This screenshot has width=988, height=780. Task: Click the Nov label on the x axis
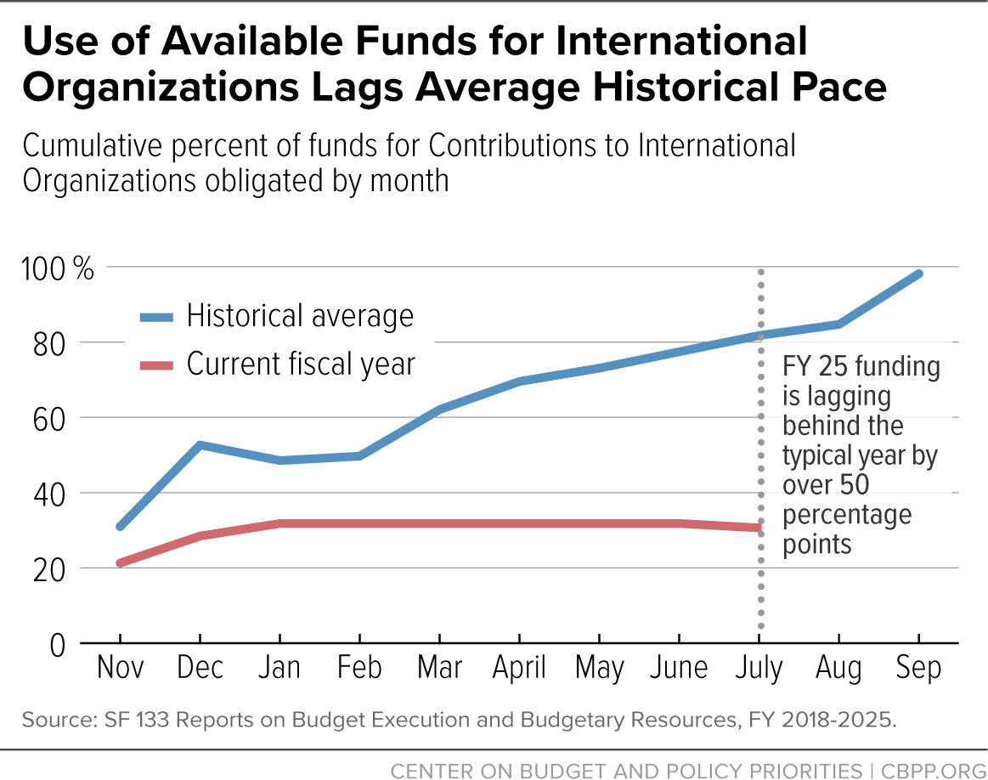click(x=121, y=667)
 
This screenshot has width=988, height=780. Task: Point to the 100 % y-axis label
click(x=57, y=269)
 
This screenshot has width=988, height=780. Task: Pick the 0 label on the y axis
click(x=57, y=646)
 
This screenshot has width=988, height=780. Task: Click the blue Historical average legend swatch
click(x=156, y=318)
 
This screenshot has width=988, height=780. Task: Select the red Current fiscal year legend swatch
click(x=156, y=365)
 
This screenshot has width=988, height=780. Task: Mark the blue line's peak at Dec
click(x=200, y=445)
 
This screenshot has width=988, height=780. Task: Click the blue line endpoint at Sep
click(x=918, y=274)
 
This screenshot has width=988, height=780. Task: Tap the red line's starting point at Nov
click(x=121, y=562)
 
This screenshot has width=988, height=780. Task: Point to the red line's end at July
click(x=759, y=528)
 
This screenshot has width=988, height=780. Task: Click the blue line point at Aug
click(x=838, y=325)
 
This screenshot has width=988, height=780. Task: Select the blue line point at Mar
click(x=439, y=410)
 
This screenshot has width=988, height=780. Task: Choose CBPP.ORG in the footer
click(x=933, y=772)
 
